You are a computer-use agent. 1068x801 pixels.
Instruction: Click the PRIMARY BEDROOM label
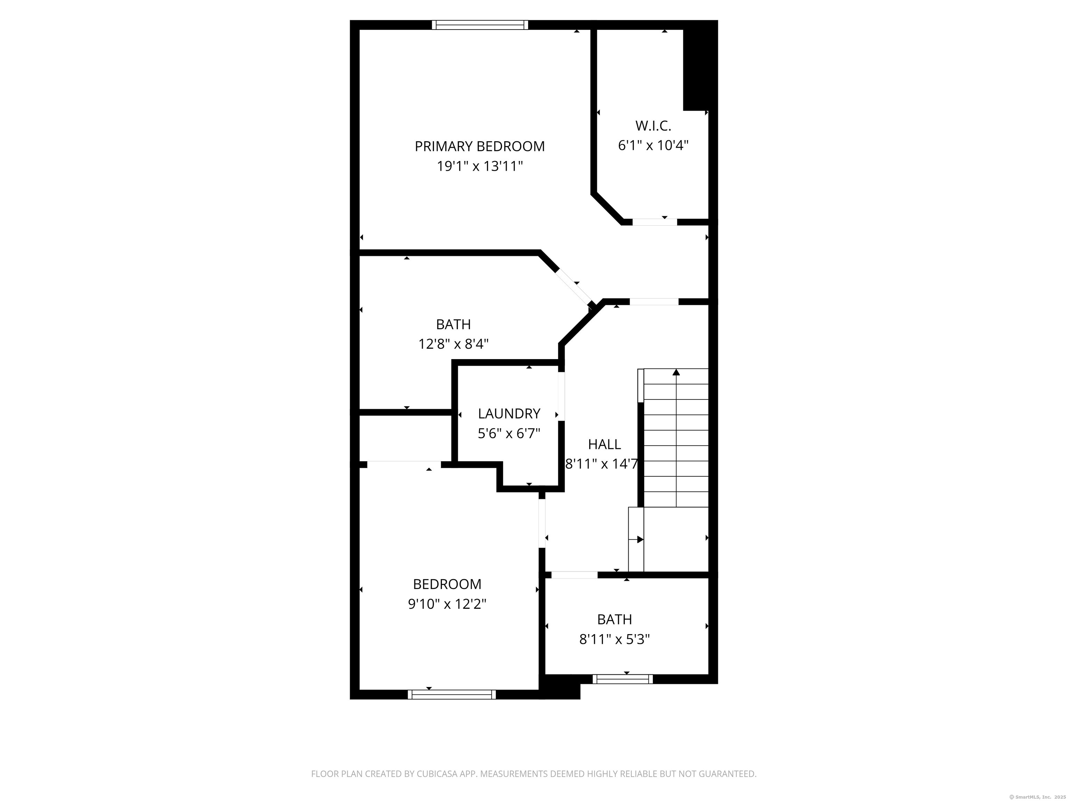pos(479,146)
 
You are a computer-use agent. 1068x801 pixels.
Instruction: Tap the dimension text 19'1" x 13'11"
pos(479,167)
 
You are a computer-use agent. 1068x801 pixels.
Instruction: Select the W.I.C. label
pos(653,126)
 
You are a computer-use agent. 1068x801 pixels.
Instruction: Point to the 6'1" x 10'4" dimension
pos(653,145)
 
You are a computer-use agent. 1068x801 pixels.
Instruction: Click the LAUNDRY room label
pos(509,414)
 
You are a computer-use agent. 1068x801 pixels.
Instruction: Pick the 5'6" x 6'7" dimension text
pos(509,434)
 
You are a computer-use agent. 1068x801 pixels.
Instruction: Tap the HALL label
pos(604,444)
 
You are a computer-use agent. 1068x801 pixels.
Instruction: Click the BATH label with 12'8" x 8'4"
pos(453,324)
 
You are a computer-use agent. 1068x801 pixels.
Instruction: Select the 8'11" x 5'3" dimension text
pos(614,640)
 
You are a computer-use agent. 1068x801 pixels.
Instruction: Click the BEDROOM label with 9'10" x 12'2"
pos(447,584)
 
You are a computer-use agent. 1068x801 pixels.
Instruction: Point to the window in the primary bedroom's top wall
pos(479,25)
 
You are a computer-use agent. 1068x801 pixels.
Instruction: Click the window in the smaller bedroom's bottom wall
pos(452,695)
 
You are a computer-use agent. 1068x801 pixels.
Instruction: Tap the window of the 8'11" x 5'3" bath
pos(622,679)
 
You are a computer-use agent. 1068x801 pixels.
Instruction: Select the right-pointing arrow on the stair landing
pos(639,539)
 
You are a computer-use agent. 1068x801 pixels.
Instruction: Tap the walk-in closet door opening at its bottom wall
pos(654,222)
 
